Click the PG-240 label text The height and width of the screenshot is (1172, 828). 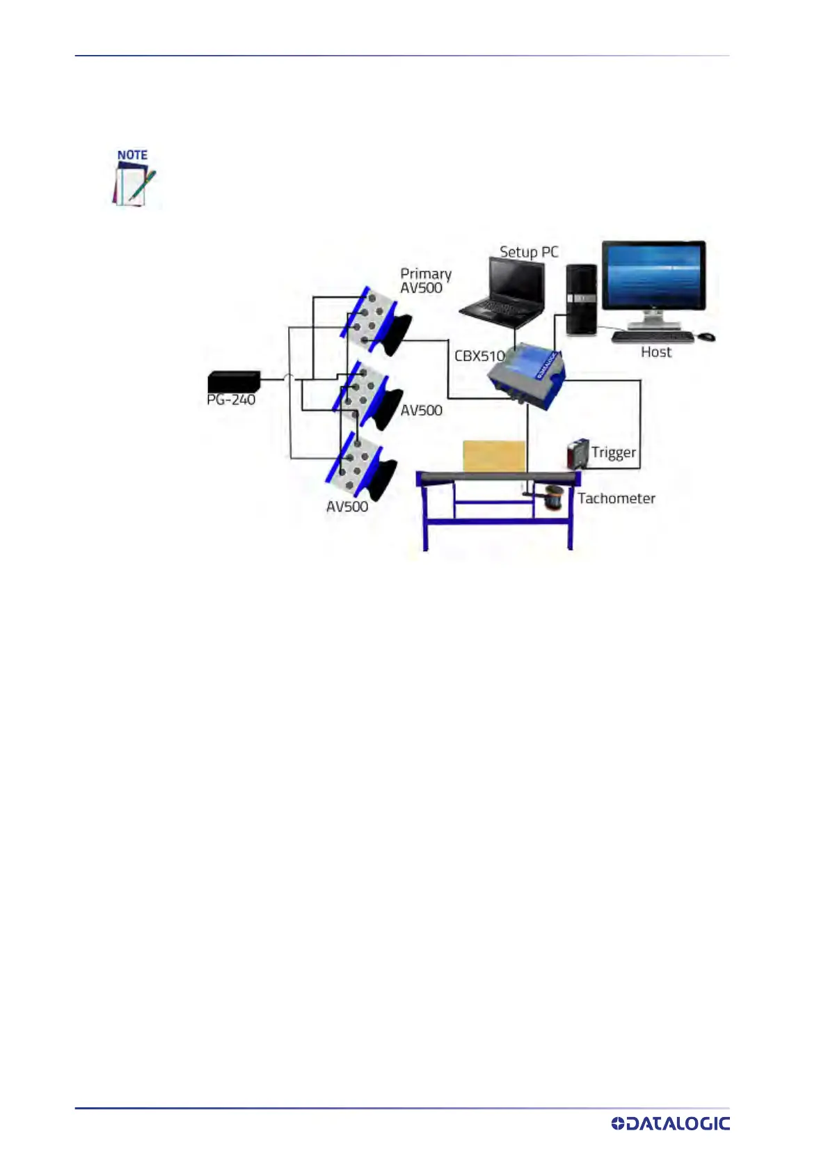pos(231,399)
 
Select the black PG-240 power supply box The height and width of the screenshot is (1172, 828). pos(234,381)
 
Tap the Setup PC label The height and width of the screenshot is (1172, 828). pos(529,252)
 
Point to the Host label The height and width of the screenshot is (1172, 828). pos(656,352)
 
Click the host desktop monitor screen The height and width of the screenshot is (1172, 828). pos(653,275)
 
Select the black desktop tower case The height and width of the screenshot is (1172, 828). pos(581,299)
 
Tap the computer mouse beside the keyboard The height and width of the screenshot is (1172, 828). pos(706,337)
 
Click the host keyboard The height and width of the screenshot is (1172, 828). pos(653,337)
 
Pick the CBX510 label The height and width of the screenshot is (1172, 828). pos(479,356)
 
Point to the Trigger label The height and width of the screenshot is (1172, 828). pos(614,452)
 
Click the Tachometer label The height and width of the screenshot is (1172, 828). pos(616,498)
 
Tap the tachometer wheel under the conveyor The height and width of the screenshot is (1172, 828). pos(555,498)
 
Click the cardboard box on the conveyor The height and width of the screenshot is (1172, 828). pos(494,456)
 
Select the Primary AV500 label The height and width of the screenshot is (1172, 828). pos(425,280)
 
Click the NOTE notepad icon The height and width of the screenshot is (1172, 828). pos(134,178)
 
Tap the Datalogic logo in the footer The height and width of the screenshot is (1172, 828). pos(670,1123)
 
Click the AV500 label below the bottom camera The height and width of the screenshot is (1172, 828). pos(347,507)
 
